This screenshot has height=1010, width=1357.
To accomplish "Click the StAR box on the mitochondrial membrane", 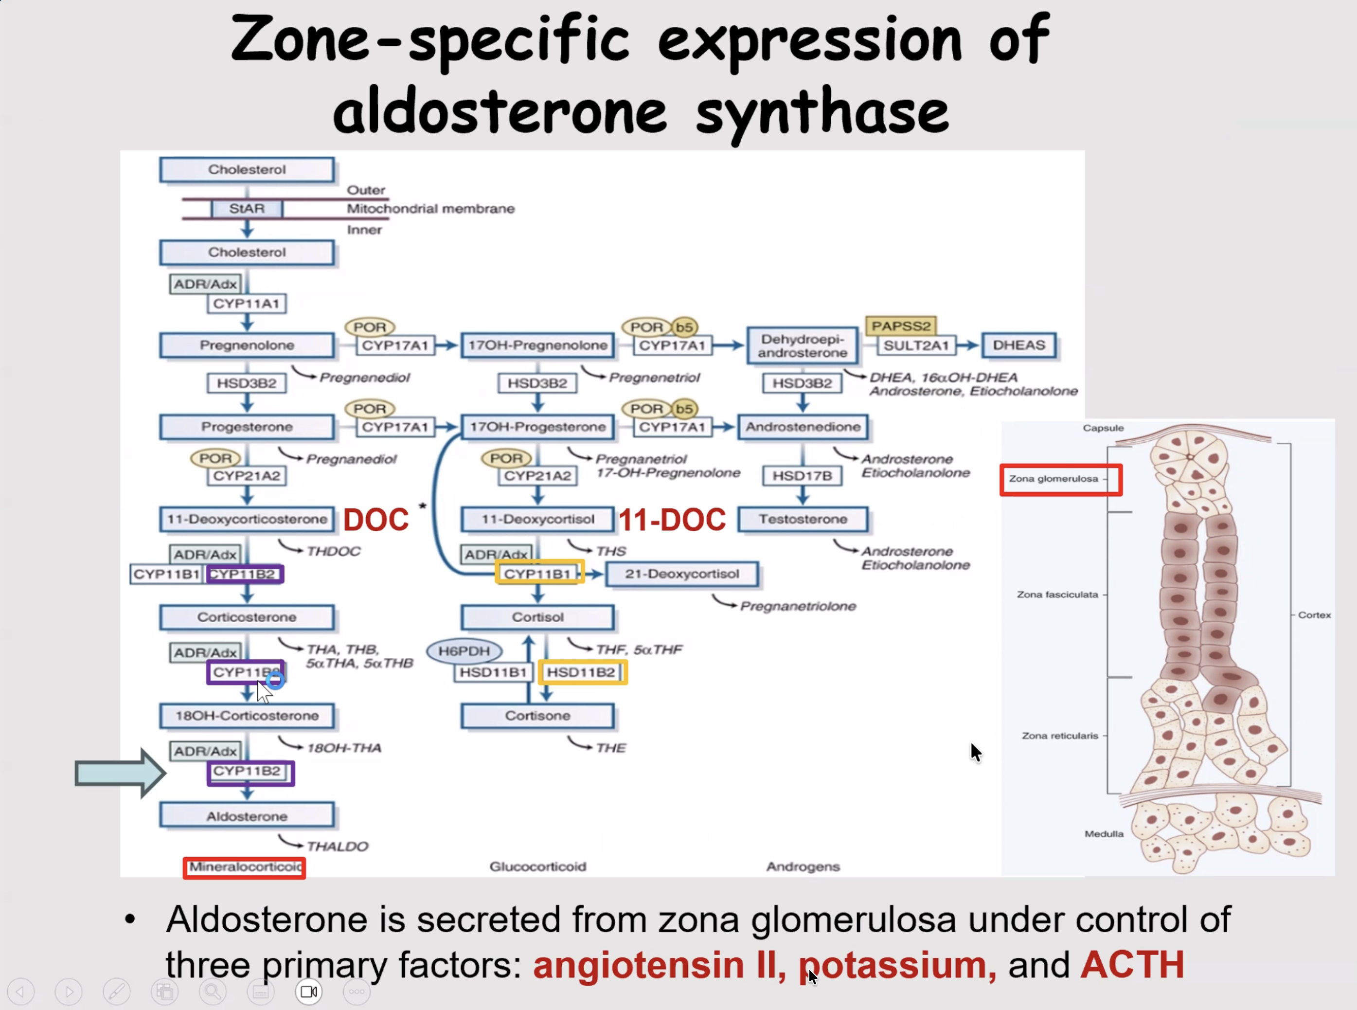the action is (x=247, y=209).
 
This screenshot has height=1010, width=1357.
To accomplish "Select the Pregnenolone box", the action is (x=247, y=345).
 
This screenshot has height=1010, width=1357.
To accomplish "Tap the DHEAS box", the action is (x=1019, y=345).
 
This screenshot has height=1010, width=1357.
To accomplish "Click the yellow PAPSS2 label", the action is (x=901, y=326).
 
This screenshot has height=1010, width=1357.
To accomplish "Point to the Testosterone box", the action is (x=803, y=519).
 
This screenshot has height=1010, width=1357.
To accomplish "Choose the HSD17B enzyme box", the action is (x=802, y=476).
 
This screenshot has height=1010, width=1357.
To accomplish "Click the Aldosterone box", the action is (x=247, y=816).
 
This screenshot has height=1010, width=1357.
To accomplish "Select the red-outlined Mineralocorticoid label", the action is (x=245, y=867).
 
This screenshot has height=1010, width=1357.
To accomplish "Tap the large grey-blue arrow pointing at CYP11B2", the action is (x=120, y=774).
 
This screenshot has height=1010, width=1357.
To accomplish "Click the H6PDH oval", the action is (x=464, y=651).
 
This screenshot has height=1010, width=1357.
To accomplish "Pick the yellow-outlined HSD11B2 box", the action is (x=583, y=672).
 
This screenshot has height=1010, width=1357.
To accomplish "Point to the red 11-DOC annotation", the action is (x=672, y=520).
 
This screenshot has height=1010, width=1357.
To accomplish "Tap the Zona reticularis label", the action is (x=1060, y=736).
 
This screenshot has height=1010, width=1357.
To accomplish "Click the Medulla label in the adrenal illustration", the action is (x=1104, y=834).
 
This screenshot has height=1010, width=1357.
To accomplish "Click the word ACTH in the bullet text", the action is (x=1132, y=965).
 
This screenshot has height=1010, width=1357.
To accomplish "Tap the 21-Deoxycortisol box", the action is (x=682, y=574).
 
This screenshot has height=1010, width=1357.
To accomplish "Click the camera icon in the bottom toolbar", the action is (x=309, y=992).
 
